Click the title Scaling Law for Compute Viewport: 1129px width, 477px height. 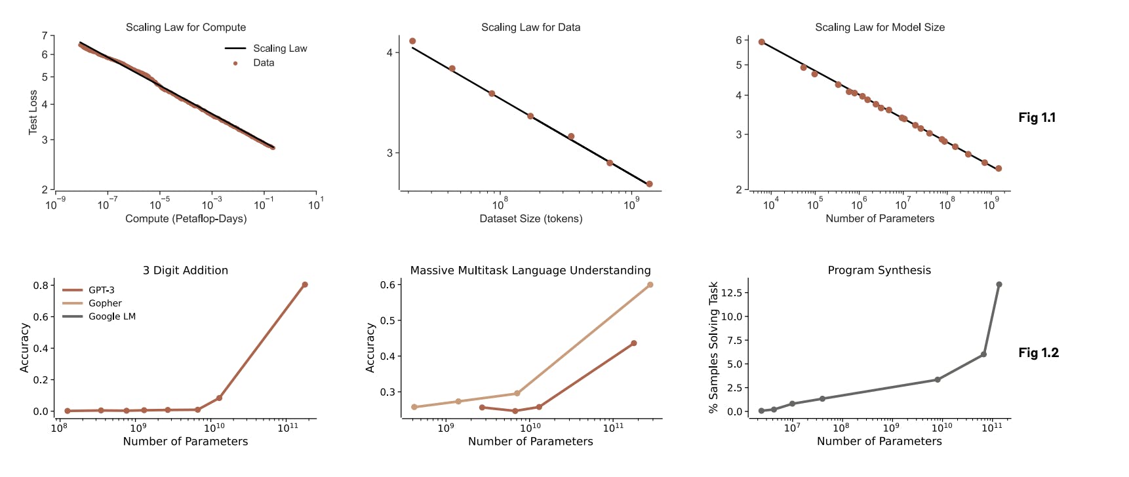pyautogui.click(x=186, y=28)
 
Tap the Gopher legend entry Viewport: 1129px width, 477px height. pyautogui.click(x=105, y=303)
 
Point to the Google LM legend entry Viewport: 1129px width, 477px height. pyautogui.click(x=111, y=316)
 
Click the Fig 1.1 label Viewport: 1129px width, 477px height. pyautogui.click(x=1037, y=118)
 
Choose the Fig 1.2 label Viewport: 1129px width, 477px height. pyautogui.click(x=1038, y=353)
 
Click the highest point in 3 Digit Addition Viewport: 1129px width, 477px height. pyautogui.click(x=305, y=285)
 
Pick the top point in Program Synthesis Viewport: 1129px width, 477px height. pyautogui.click(x=999, y=285)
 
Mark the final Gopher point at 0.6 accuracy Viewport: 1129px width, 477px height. pyautogui.click(x=650, y=285)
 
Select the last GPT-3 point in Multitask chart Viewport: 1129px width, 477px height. pyautogui.click(x=634, y=343)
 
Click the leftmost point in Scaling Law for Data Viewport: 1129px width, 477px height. pyautogui.click(x=412, y=41)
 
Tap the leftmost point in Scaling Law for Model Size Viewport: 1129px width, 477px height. pyautogui.click(x=762, y=42)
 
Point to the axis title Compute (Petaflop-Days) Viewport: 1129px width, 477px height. pyautogui.click(x=186, y=219)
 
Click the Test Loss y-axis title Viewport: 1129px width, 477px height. pyautogui.click(x=33, y=113)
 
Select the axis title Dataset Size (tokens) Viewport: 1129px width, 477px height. pyautogui.click(x=530, y=219)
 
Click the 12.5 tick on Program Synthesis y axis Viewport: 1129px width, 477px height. pyautogui.click(x=731, y=293)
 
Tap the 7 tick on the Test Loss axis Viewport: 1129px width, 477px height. pyautogui.click(x=45, y=35)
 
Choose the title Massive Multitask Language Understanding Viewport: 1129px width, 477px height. pyautogui.click(x=530, y=271)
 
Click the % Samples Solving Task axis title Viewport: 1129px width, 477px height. pyautogui.click(x=713, y=347)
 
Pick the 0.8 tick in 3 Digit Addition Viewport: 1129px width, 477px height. pyautogui.click(x=41, y=286)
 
